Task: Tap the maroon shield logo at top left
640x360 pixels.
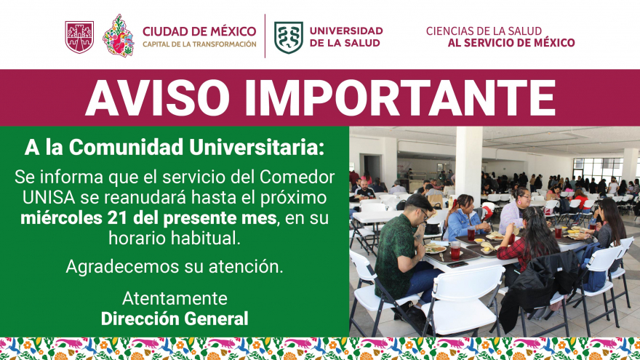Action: click(x=79, y=36)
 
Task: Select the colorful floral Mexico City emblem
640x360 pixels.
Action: click(x=119, y=36)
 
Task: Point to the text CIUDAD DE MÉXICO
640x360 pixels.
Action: click(x=199, y=31)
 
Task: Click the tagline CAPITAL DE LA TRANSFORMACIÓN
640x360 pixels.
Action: click(x=199, y=44)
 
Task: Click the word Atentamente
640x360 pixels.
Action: click(x=175, y=299)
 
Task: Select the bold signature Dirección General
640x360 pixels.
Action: click(x=175, y=319)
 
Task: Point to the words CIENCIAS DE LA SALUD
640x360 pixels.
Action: click(x=484, y=31)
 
